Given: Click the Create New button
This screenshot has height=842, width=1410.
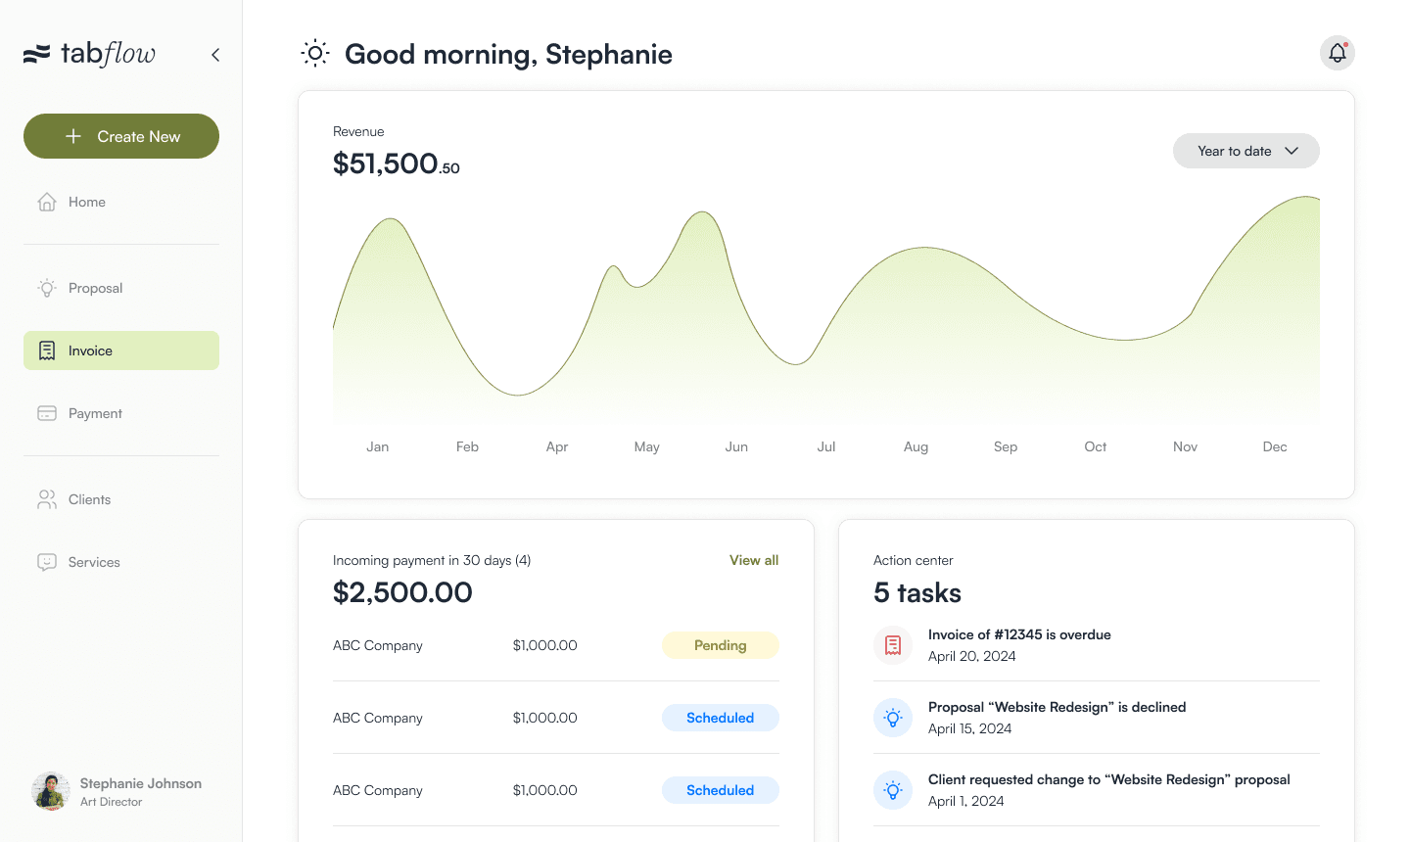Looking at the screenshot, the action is (x=121, y=136).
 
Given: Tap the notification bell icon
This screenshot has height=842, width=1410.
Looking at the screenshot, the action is (x=1337, y=53).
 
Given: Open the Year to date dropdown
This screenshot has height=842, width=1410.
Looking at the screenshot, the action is (x=1245, y=151).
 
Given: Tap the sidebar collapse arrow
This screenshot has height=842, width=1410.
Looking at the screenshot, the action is (x=215, y=55).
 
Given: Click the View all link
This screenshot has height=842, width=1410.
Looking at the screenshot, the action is (x=754, y=560).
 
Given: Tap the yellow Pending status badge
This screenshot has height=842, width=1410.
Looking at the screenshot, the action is (x=720, y=645).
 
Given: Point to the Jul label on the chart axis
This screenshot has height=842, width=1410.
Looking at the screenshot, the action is (x=825, y=446).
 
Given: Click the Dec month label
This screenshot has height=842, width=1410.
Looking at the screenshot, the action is (x=1275, y=446).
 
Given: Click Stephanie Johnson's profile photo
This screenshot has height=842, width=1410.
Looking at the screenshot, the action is (x=50, y=791).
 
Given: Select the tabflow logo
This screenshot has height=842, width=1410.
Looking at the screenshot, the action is (x=89, y=54).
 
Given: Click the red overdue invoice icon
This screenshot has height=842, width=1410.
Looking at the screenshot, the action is (x=893, y=645).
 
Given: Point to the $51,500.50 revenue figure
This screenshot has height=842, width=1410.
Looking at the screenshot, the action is (x=396, y=164).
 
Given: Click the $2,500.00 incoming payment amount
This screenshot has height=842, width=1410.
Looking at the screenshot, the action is (x=402, y=592).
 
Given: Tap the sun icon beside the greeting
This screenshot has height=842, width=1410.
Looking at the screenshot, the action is (x=315, y=54).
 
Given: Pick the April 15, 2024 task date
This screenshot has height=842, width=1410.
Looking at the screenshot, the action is (x=969, y=728).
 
